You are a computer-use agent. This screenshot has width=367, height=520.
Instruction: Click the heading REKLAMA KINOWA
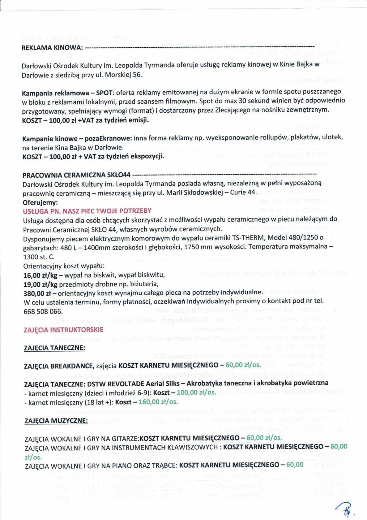click(x=52, y=48)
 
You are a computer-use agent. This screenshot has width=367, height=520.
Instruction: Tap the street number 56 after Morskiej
click(x=137, y=75)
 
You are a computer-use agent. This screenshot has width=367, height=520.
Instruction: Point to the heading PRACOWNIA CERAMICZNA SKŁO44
click(x=76, y=175)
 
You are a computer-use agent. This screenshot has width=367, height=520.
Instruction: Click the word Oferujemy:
click(x=40, y=203)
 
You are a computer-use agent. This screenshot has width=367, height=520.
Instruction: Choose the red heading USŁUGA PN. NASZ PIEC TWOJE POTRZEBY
click(x=87, y=211)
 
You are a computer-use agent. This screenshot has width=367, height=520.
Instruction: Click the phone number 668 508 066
click(x=43, y=311)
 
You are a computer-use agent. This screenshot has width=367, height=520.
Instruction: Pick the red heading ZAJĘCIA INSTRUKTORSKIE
click(x=63, y=330)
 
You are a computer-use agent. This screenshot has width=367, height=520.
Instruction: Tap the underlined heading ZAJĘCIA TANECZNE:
click(x=54, y=348)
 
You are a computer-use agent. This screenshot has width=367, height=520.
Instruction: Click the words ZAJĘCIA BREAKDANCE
click(x=59, y=366)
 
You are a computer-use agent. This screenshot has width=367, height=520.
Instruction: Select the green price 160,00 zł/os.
click(x=158, y=402)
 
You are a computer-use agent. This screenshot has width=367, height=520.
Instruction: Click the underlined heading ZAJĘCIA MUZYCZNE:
click(x=56, y=421)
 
